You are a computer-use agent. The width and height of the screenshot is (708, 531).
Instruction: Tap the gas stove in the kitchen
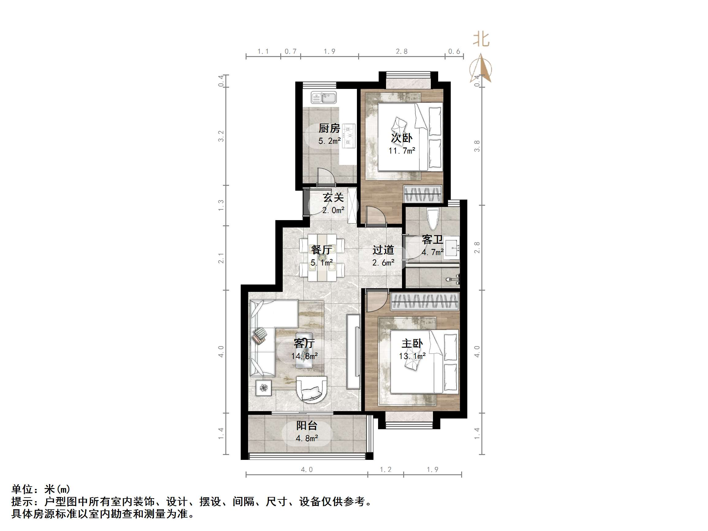pyautogui.click(x=349, y=136)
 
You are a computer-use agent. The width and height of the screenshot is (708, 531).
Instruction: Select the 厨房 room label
pyautogui.click(x=329, y=128)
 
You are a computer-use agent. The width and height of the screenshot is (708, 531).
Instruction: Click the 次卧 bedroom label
pyautogui.click(x=401, y=138)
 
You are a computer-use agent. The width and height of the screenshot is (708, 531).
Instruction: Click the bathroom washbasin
pyautogui.click(x=452, y=247)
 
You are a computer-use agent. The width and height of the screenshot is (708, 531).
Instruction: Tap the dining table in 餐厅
pyautogui.click(x=322, y=258)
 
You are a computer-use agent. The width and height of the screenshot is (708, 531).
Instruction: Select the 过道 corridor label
pyautogui.click(x=383, y=250)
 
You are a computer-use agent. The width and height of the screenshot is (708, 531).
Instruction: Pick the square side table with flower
pyautogui.click(x=263, y=388)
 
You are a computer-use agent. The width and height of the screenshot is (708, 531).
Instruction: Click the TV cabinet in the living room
pyautogui.click(x=353, y=351)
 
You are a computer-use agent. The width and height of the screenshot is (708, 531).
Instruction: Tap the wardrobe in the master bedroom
pyautogui.click(x=425, y=301)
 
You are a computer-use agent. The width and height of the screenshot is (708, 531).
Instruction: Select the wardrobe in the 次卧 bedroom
pyautogui.click(x=423, y=194)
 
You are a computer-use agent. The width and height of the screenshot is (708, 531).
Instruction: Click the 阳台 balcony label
pyautogui.click(x=307, y=425)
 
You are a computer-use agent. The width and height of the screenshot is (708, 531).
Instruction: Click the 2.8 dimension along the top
pyautogui.click(x=401, y=52)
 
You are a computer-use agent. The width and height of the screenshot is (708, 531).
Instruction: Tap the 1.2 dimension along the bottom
pyautogui.click(x=385, y=470)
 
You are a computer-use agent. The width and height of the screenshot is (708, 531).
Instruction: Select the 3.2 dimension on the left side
pyautogui.click(x=221, y=136)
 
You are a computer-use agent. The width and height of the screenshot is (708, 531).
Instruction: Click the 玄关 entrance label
pyautogui.click(x=333, y=197)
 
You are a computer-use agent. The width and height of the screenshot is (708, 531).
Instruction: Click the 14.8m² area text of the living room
pyautogui.click(x=304, y=356)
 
